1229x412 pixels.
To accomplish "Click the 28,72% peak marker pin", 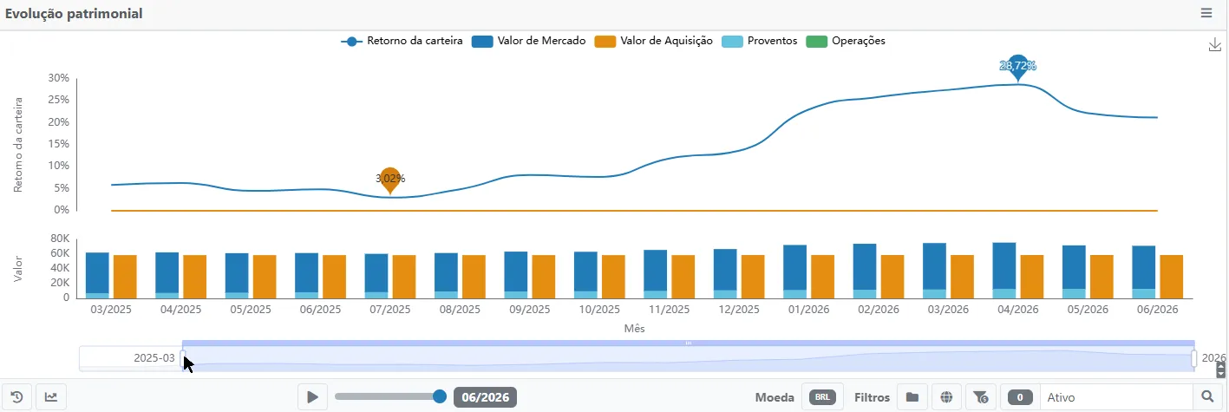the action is [1017, 67].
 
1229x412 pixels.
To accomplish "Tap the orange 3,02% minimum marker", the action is [390, 180].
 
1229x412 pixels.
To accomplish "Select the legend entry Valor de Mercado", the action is [528, 41].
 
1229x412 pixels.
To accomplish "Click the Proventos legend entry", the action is [760, 41].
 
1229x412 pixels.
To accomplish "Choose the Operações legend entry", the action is [846, 41].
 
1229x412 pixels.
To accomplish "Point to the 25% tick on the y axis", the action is [59, 100].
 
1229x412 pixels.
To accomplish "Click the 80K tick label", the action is [60, 239].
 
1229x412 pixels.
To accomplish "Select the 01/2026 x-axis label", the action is [808, 310].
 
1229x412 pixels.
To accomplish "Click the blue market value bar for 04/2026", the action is [1004, 266].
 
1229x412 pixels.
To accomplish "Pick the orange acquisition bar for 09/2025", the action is [544, 277].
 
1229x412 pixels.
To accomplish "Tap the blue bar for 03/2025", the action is [97, 273].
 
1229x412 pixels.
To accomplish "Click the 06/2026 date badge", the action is [485, 397].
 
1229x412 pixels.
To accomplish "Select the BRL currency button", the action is [822, 397].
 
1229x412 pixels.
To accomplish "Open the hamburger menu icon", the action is [1206, 13].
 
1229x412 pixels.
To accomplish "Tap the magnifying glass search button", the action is [1207, 396].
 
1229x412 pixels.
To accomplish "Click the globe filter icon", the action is [946, 397].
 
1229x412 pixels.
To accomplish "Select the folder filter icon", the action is [912, 397].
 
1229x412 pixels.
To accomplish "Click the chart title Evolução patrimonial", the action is [74, 14].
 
